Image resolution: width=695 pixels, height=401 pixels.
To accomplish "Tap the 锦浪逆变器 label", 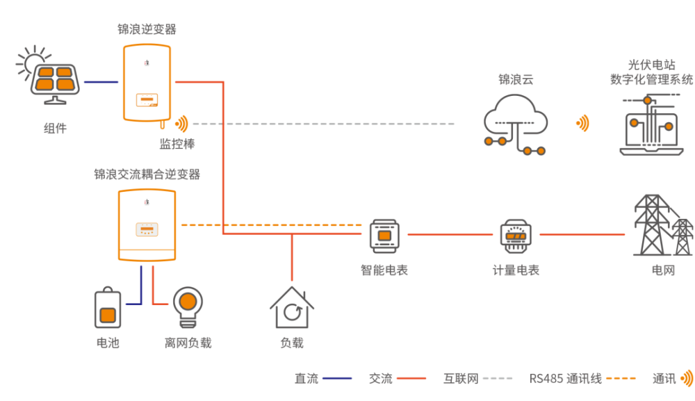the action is click(x=147, y=29).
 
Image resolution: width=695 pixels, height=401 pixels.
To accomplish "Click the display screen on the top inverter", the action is click(x=147, y=99).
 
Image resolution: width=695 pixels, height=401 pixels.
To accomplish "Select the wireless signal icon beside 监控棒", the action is click(x=181, y=124).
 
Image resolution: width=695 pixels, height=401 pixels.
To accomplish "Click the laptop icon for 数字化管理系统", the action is click(x=651, y=124).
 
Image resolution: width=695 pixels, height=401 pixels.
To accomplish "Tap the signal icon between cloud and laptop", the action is click(x=582, y=123).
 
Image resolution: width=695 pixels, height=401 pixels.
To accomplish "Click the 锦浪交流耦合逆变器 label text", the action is click(x=147, y=174).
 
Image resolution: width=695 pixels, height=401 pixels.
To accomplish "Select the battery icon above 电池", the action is click(x=108, y=308).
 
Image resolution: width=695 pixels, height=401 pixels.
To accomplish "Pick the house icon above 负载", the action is click(x=292, y=307).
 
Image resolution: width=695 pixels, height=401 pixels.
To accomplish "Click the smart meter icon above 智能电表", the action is click(x=384, y=236).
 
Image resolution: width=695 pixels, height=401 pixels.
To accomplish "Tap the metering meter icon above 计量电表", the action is click(x=516, y=236).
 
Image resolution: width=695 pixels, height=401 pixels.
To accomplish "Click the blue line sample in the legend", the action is click(x=337, y=378).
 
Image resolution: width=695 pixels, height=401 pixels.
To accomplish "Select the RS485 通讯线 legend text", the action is click(x=566, y=379).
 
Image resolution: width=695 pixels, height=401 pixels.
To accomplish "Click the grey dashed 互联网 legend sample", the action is click(x=498, y=378).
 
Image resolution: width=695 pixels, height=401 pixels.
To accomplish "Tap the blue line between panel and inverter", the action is click(x=101, y=82).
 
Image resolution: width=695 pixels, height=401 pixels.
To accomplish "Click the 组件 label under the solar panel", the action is click(x=55, y=129).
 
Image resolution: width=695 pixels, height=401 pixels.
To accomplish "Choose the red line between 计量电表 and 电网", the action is click(x=582, y=234).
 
